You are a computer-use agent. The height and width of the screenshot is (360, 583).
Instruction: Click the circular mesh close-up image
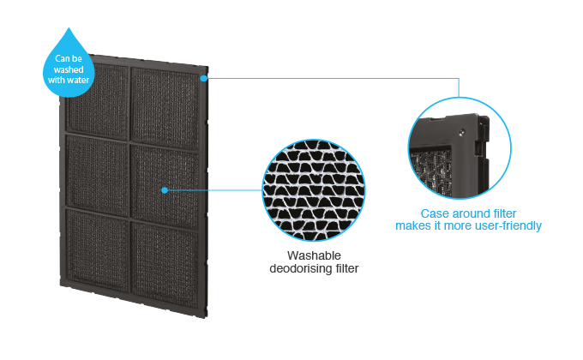(x=312, y=189)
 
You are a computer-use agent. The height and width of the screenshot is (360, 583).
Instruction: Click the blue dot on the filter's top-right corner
(x=204, y=77)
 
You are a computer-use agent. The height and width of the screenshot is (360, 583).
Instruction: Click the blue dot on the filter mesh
(x=163, y=190)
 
